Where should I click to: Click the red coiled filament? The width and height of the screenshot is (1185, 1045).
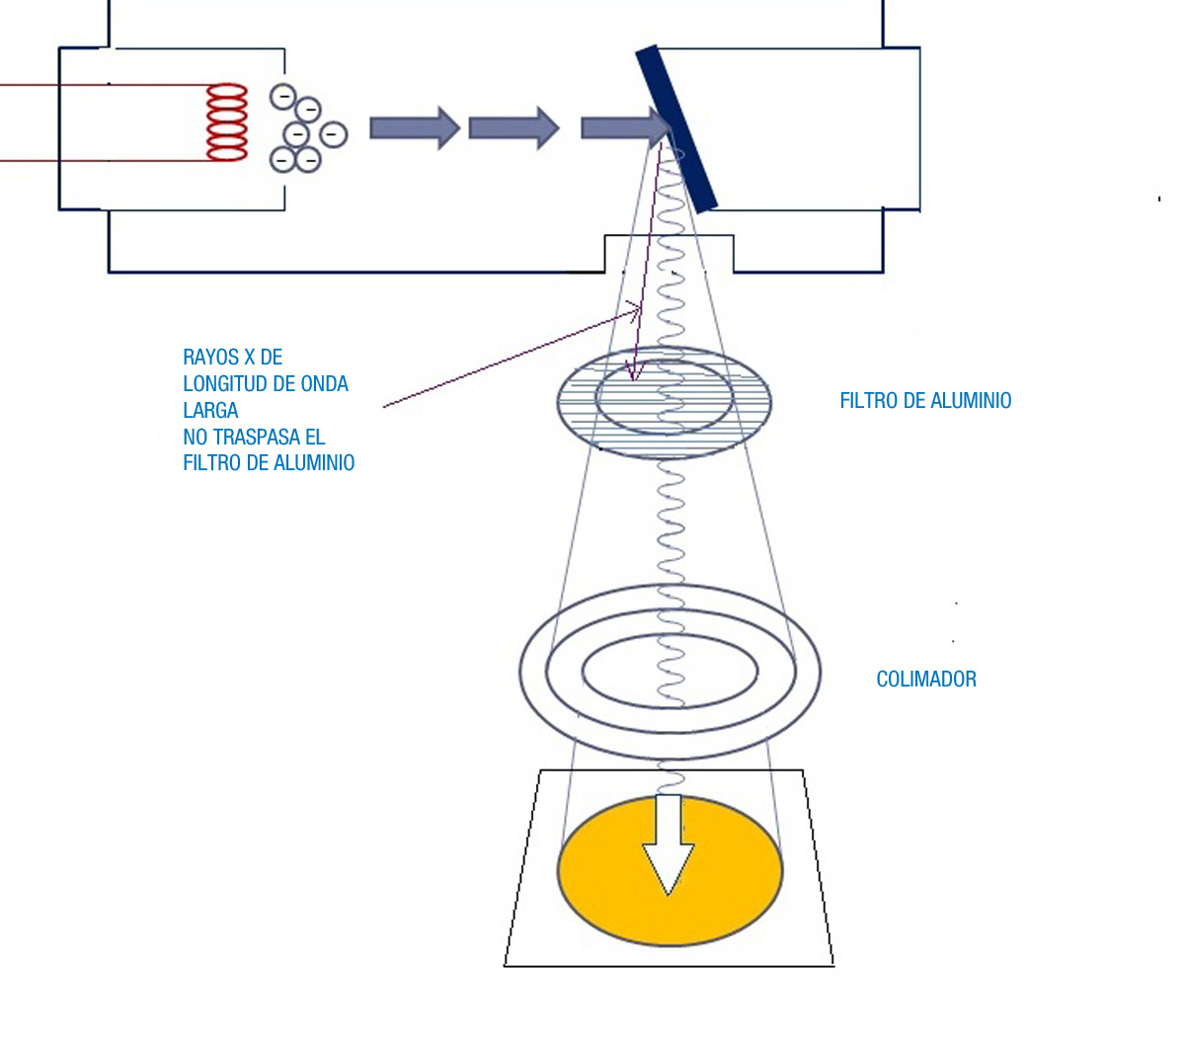point(227,121)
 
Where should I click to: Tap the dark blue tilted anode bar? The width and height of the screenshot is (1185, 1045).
point(676,127)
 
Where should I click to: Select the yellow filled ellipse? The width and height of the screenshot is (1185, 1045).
point(670,870)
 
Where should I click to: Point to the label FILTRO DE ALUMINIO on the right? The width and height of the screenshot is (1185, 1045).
point(925,401)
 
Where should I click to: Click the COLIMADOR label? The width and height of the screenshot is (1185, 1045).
point(926,680)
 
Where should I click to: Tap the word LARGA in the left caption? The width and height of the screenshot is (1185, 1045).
point(210,410)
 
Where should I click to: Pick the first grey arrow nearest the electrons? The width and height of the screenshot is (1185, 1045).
point(415,128)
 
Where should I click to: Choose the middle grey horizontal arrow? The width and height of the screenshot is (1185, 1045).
point(514,128)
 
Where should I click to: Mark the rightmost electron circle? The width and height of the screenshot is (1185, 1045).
point(334,134)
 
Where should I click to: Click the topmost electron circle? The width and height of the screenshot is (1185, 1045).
point(283,96)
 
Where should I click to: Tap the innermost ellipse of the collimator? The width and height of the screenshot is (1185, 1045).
point(670,635)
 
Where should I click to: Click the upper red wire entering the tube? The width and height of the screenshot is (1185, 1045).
point(106,85)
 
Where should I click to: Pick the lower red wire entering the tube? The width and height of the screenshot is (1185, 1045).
point(106,160)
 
